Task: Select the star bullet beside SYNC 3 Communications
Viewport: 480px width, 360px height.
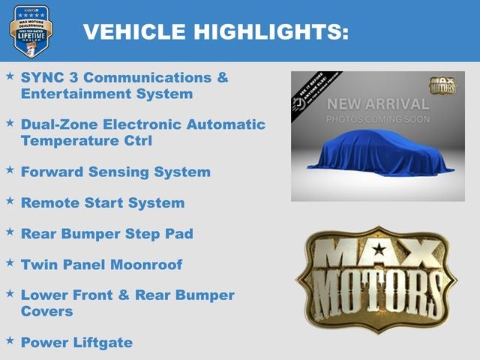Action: point(10,76)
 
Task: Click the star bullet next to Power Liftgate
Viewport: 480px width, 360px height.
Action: point(10,341)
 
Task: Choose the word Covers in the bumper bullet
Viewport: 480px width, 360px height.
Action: point(47,310)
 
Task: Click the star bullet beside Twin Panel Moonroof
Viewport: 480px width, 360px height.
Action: point(10,262)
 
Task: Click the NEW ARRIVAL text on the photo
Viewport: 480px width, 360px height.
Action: point(378,103)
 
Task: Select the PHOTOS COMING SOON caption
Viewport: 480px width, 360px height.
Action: point(378,119)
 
